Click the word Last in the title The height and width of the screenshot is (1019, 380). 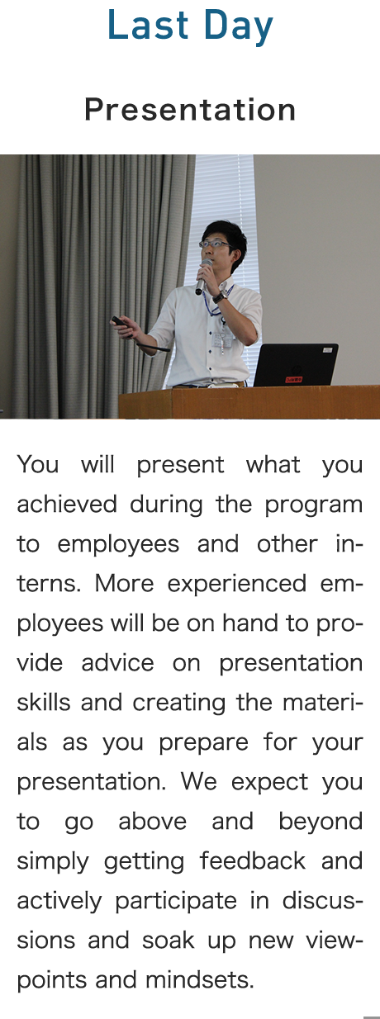click(148, 25)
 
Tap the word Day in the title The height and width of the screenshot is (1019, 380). click(239, 27)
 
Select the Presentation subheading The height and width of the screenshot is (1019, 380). click(190, 110)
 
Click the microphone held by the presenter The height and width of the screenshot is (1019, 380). click(203, 276)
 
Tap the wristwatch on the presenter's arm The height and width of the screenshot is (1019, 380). click(220, 296)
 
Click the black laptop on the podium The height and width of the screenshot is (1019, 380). click(296, 365)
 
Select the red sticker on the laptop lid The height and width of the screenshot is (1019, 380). click(293, 379)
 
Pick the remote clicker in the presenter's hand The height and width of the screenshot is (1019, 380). click(119, 321)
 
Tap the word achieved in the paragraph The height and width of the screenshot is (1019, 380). click(67, 504)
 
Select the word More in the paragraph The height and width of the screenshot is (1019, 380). click(124, 583)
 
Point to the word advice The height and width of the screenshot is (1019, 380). click(117, 663)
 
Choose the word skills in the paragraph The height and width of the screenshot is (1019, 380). click(44, 703)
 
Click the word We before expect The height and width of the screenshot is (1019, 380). click(198, 781)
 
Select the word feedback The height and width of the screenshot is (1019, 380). click(253, 860)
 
